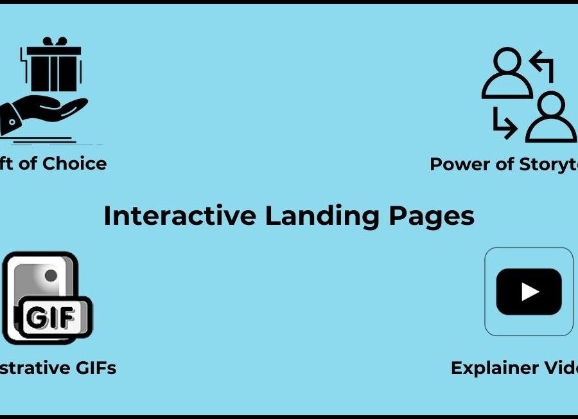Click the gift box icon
(x=54, y=67)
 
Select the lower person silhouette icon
(x=551, y=118)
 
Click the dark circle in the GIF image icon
(x=51, y=276)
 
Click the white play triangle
(x=530, y=292)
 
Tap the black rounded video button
(x=529, y=292)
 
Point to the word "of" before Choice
(x=28, y=163)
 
